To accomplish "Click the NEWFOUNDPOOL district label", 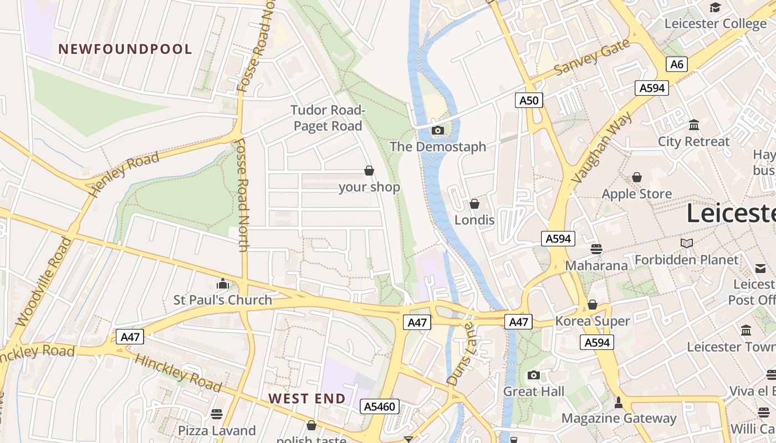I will tap(125, 49).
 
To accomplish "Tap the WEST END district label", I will tap(307, 399).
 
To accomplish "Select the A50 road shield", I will tap(529, 100).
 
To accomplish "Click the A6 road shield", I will tap(676, 64).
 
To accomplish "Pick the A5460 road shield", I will tap(380, 407).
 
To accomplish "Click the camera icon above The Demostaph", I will tap(438, 131).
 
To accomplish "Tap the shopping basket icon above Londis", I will tap(474, 204).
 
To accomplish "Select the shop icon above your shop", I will tap(369, 171).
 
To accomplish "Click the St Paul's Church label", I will tap(223, 300).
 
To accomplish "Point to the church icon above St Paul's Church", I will tap(223, 284).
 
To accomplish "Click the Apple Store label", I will tap(636, 194).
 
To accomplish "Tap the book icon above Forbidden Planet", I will tap(687, 243).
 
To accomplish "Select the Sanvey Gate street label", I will tap(592, 58).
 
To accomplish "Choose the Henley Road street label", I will tap(125, 174).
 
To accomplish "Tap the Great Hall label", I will tap(533, 392).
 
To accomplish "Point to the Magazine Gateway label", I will tap(619, 418).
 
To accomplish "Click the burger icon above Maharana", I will tap(596, 249).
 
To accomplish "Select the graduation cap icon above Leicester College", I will tap(715, 7).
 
